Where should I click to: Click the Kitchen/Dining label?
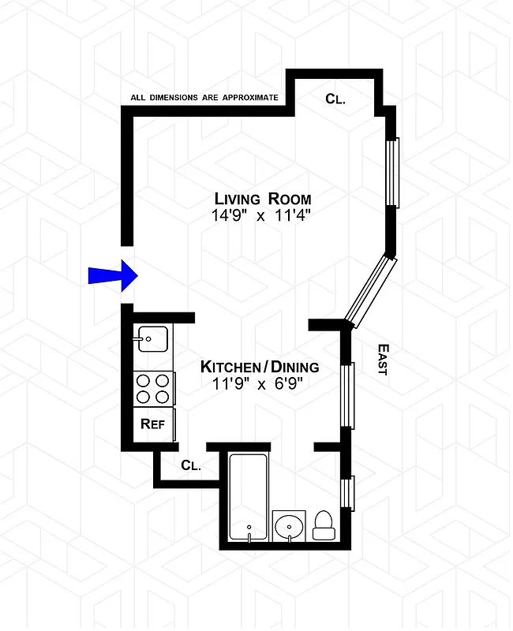(x=260, y=367)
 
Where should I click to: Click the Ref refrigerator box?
(x=153, y=424)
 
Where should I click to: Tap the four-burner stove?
(x=153, y=389)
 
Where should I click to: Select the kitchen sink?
(x=152, y=339)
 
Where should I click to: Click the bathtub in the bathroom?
(x=248, y=498)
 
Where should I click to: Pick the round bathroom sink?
(x=291, y=525)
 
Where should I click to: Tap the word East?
(x=382, y=359)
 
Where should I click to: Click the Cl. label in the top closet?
(x=337, y=99)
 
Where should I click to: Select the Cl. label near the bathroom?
(x=191, y=465)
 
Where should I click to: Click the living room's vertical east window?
(x=392, y=172)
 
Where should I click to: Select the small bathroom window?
(x=348, y=493)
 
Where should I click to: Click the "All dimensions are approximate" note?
(x=204, y=99)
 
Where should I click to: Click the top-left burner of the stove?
(x=144, y=380)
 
